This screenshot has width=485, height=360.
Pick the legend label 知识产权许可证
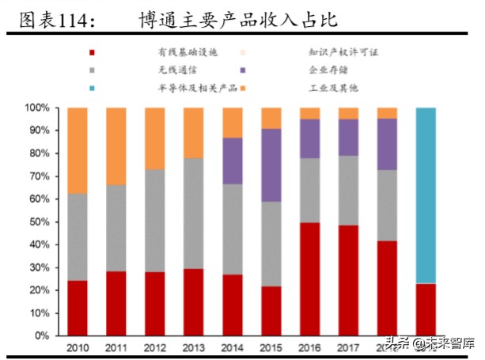[x=343, y=53]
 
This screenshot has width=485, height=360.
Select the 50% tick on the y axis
[x=40, y=222]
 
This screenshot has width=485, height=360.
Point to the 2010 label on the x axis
[x=77, y=348]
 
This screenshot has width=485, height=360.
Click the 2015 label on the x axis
[x=271, y=348]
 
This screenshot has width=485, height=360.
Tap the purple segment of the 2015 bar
[x=271, y=165]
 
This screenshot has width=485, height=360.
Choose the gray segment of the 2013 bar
[x=194, y=213]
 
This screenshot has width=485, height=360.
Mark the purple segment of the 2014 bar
[x=233, y=161]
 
